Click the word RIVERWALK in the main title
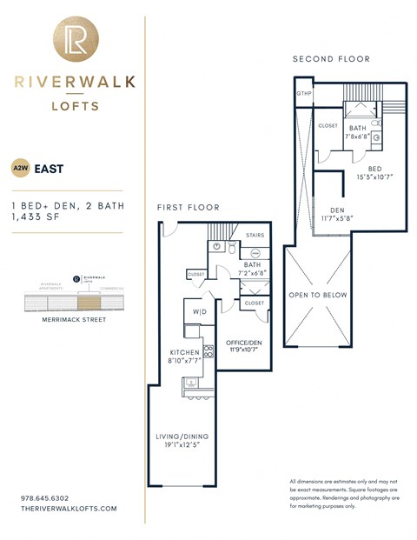point(74,82)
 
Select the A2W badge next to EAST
point(18,169)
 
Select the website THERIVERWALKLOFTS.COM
point(68,509)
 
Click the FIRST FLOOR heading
point(188,208)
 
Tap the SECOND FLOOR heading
point(331,59)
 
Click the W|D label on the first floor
point(200,311)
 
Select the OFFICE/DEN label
point(242,343)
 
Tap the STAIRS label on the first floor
point(255,235)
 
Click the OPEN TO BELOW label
point(318,296)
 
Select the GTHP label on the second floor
point(304,94)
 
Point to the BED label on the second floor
point(374,168)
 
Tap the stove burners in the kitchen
point(208,351)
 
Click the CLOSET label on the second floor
point(328,125)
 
